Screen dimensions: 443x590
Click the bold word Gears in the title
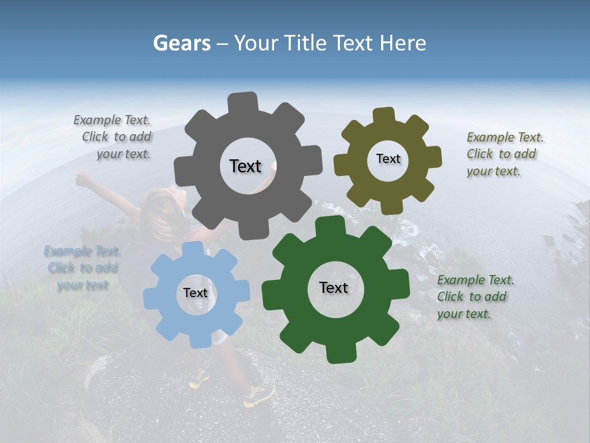coord(181,43)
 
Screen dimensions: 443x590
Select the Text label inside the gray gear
coord(245,166)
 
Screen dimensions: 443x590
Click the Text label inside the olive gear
coord(388,159)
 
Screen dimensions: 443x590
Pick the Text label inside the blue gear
coord(195,293)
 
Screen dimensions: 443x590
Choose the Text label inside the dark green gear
coord(334,287)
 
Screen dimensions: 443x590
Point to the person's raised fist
coord(81,179)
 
